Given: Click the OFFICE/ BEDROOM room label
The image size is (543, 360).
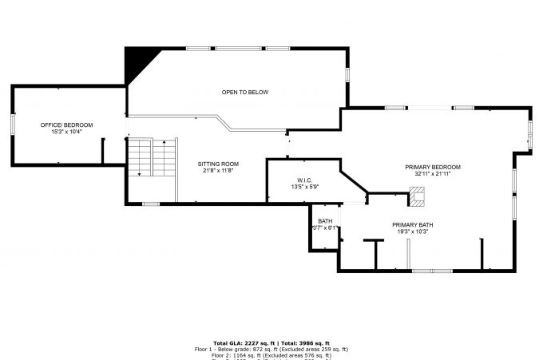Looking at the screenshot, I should point(67,125).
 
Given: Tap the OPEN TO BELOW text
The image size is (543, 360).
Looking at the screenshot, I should point(245,93).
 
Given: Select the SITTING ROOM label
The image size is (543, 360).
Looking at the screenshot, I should point(219,164).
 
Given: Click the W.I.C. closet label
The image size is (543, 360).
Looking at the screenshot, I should point(304,180).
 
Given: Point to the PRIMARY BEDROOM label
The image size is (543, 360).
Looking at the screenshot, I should point(433,167).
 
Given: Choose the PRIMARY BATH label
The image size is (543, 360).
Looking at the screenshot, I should point(413,225).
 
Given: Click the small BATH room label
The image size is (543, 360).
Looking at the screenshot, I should point(325,221).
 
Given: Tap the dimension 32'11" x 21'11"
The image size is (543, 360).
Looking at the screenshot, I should point(433,173).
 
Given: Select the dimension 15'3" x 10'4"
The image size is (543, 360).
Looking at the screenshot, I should point(67,131).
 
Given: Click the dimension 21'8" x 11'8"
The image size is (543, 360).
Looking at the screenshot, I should point(219,170).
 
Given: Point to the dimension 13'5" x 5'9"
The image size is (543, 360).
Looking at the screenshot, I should point(304,188).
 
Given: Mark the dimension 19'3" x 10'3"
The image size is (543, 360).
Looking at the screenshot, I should point(413,231).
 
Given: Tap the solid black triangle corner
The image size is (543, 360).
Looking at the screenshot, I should point(137,61).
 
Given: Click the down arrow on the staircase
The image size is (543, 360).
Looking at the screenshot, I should point(139,170).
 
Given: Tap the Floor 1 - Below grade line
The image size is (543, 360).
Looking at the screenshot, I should point(271,350).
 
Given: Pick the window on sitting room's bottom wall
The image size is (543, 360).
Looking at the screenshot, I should point(151,204).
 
